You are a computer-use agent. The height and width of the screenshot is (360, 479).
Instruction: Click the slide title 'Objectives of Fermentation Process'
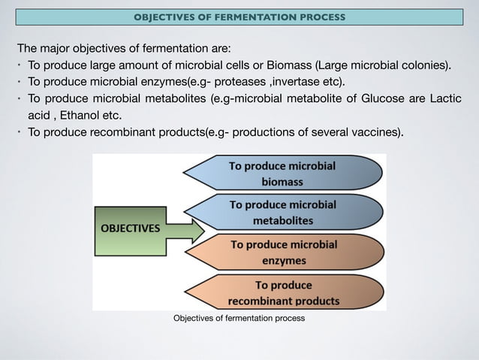pos(239,17)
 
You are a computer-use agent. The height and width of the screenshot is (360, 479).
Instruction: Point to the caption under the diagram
pos(239,319)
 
